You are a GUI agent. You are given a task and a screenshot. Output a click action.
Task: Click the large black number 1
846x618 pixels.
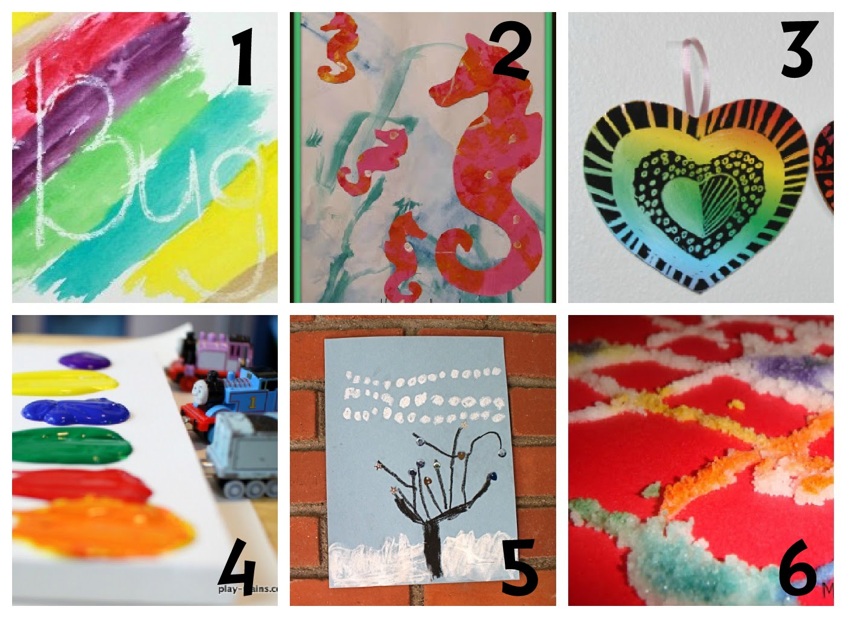[243, 58]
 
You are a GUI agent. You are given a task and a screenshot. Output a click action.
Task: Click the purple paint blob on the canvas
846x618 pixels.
[85, 361]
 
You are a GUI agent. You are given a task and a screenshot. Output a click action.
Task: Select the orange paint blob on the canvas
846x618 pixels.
[103, 531]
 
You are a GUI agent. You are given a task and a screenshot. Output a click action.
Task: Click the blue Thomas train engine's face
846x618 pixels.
[201, 395]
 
